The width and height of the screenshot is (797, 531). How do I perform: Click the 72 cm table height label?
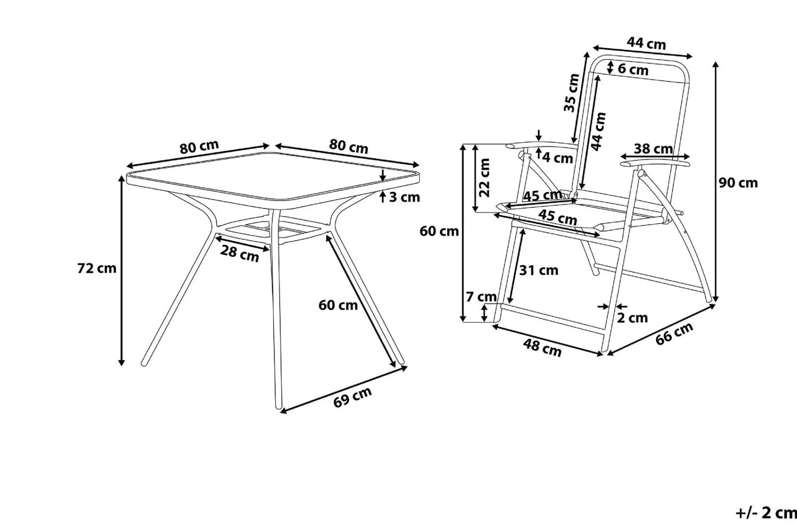97,268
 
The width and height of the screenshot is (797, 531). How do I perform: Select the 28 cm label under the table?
240,253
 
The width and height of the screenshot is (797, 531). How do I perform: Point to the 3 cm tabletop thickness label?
404,197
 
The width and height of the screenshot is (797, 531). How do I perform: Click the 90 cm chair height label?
738,183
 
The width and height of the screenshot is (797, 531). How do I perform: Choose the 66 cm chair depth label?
675,334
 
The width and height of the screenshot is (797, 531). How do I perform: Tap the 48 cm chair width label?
542,348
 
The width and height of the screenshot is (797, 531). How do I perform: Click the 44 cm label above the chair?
646,43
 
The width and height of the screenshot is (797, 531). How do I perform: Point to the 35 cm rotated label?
571,93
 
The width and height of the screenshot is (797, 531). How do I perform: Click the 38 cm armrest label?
653,149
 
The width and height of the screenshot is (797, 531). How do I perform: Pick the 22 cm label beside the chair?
484,178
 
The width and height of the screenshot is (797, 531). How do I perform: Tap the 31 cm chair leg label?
539,270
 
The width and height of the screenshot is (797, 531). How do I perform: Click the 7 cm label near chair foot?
481,297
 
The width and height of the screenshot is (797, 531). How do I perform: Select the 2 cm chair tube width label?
632,318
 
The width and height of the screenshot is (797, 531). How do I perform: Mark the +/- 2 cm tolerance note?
766,513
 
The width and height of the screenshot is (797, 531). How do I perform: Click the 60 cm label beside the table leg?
338,305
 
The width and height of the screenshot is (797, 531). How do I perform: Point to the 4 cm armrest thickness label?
558,158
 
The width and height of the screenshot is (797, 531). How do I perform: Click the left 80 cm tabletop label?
199,147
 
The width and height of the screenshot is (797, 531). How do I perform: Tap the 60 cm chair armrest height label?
439,231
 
